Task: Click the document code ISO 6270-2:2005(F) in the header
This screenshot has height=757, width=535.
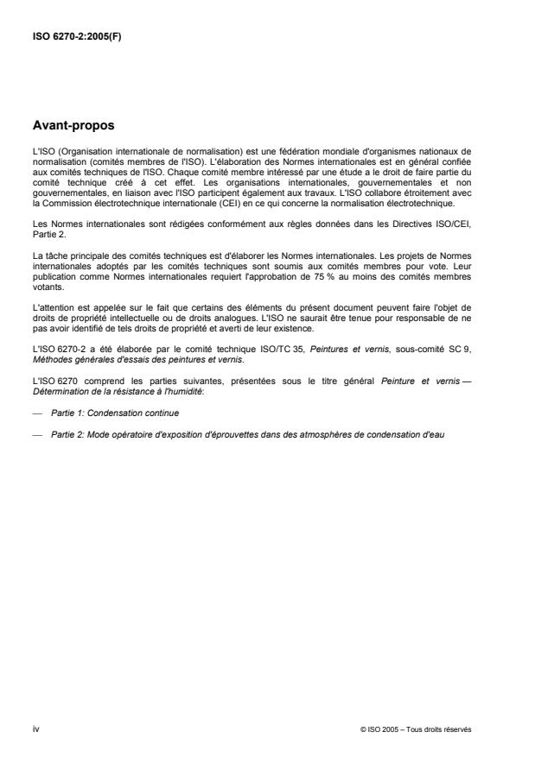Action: [x=76, y=37]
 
